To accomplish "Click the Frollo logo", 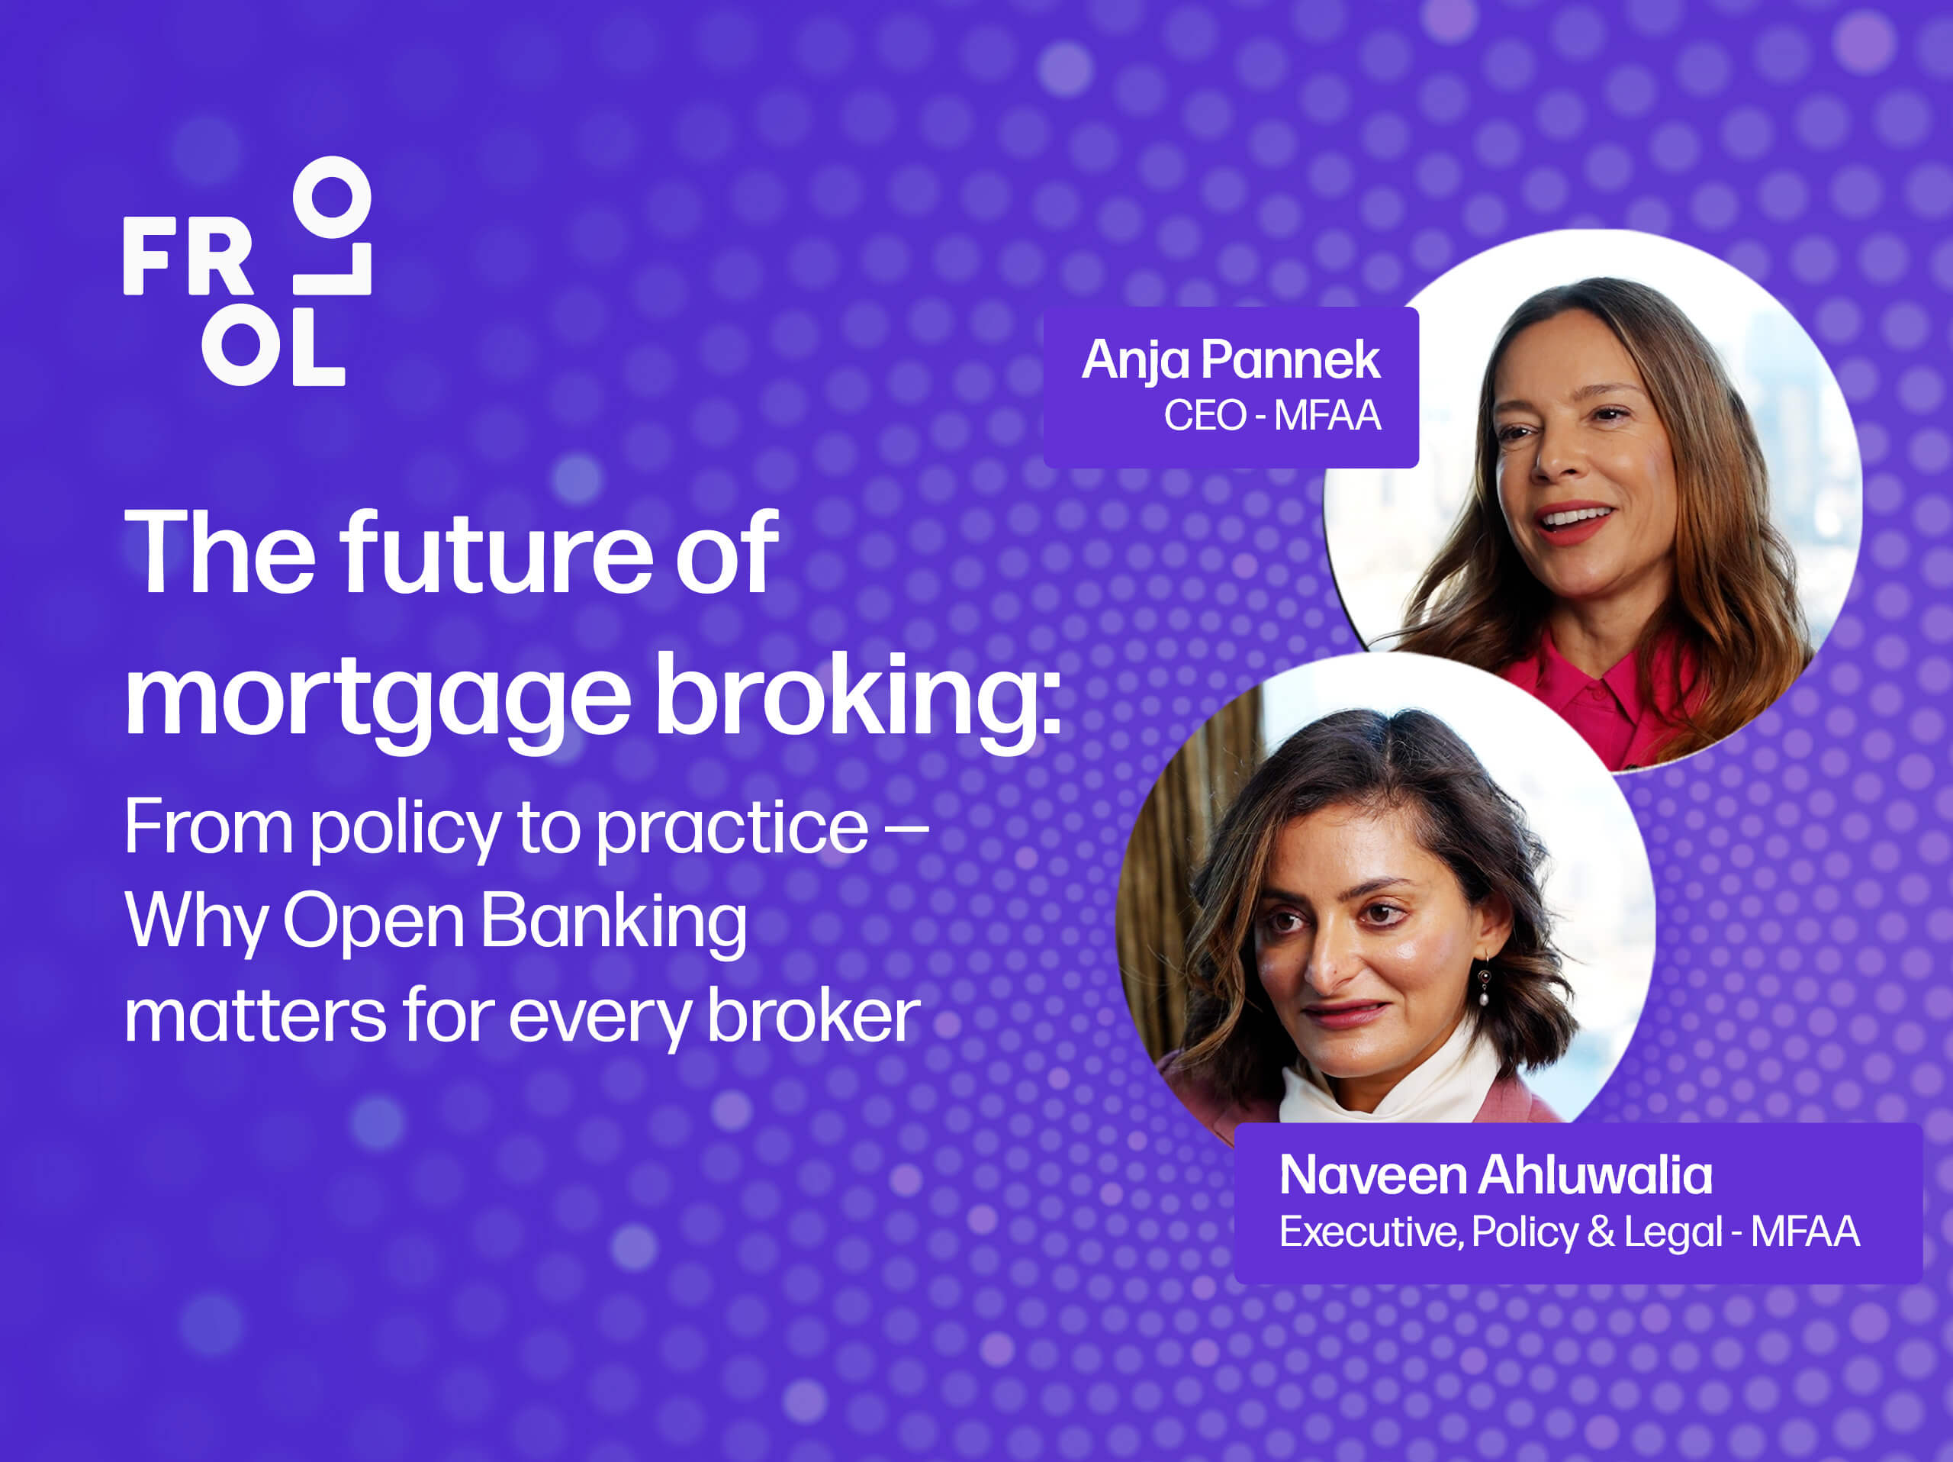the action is click(x=247, y=271).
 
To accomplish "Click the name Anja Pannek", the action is click(x=1231, y=360).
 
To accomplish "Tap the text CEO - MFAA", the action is click(x=1273, y=415).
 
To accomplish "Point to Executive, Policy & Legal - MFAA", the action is click(x=1570, y=1232).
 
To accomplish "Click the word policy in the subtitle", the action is click(x=405, y=827).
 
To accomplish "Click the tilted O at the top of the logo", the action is click(x=331, y=197).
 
